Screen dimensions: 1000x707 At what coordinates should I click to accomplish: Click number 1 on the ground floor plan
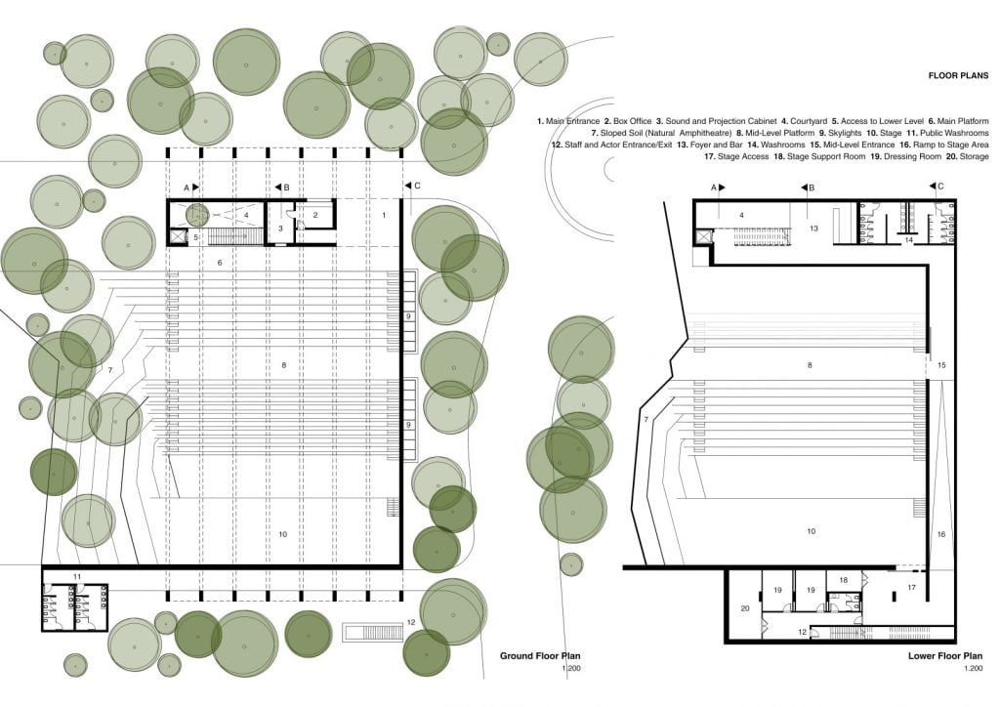(x=384, y=214)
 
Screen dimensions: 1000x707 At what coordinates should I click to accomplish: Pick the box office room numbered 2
(x=315, y=214)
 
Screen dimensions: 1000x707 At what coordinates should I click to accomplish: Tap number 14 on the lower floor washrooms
(x=908, y=238)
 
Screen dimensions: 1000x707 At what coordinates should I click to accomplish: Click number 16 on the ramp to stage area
(x=941, y=534)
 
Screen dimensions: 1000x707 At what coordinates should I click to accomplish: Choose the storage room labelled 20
(x=745, y=608)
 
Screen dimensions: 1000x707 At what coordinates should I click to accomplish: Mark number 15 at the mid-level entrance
(x=941, y=364)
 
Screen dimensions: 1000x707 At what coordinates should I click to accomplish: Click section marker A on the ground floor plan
(x=187, y=186)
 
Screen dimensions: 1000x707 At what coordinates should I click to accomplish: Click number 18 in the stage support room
(x=844, y=580)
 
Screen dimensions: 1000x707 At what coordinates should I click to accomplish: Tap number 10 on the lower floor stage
(x=810, y=531)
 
